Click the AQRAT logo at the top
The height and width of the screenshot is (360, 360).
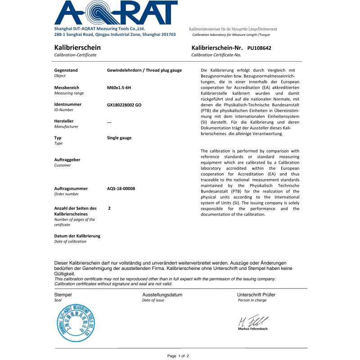116,13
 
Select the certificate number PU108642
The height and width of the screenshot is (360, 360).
259,48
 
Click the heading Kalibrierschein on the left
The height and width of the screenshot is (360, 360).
77,47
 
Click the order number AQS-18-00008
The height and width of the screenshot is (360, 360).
121,189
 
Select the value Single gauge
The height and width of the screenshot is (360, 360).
119,138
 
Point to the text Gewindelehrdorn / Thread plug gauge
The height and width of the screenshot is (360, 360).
144,70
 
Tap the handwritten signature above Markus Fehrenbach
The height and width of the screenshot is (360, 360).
252,321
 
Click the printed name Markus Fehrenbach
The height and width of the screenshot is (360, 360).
252,329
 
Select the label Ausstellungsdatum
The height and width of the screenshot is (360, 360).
162,295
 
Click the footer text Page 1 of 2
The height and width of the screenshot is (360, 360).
178,356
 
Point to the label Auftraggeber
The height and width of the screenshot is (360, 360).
67,160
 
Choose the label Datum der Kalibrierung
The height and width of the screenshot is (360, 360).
77,236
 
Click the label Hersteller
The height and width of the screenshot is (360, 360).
64,121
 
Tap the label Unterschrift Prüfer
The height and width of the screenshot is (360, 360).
256,295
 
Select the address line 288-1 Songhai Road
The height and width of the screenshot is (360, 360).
115,35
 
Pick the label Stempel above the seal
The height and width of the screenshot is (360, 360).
63,295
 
